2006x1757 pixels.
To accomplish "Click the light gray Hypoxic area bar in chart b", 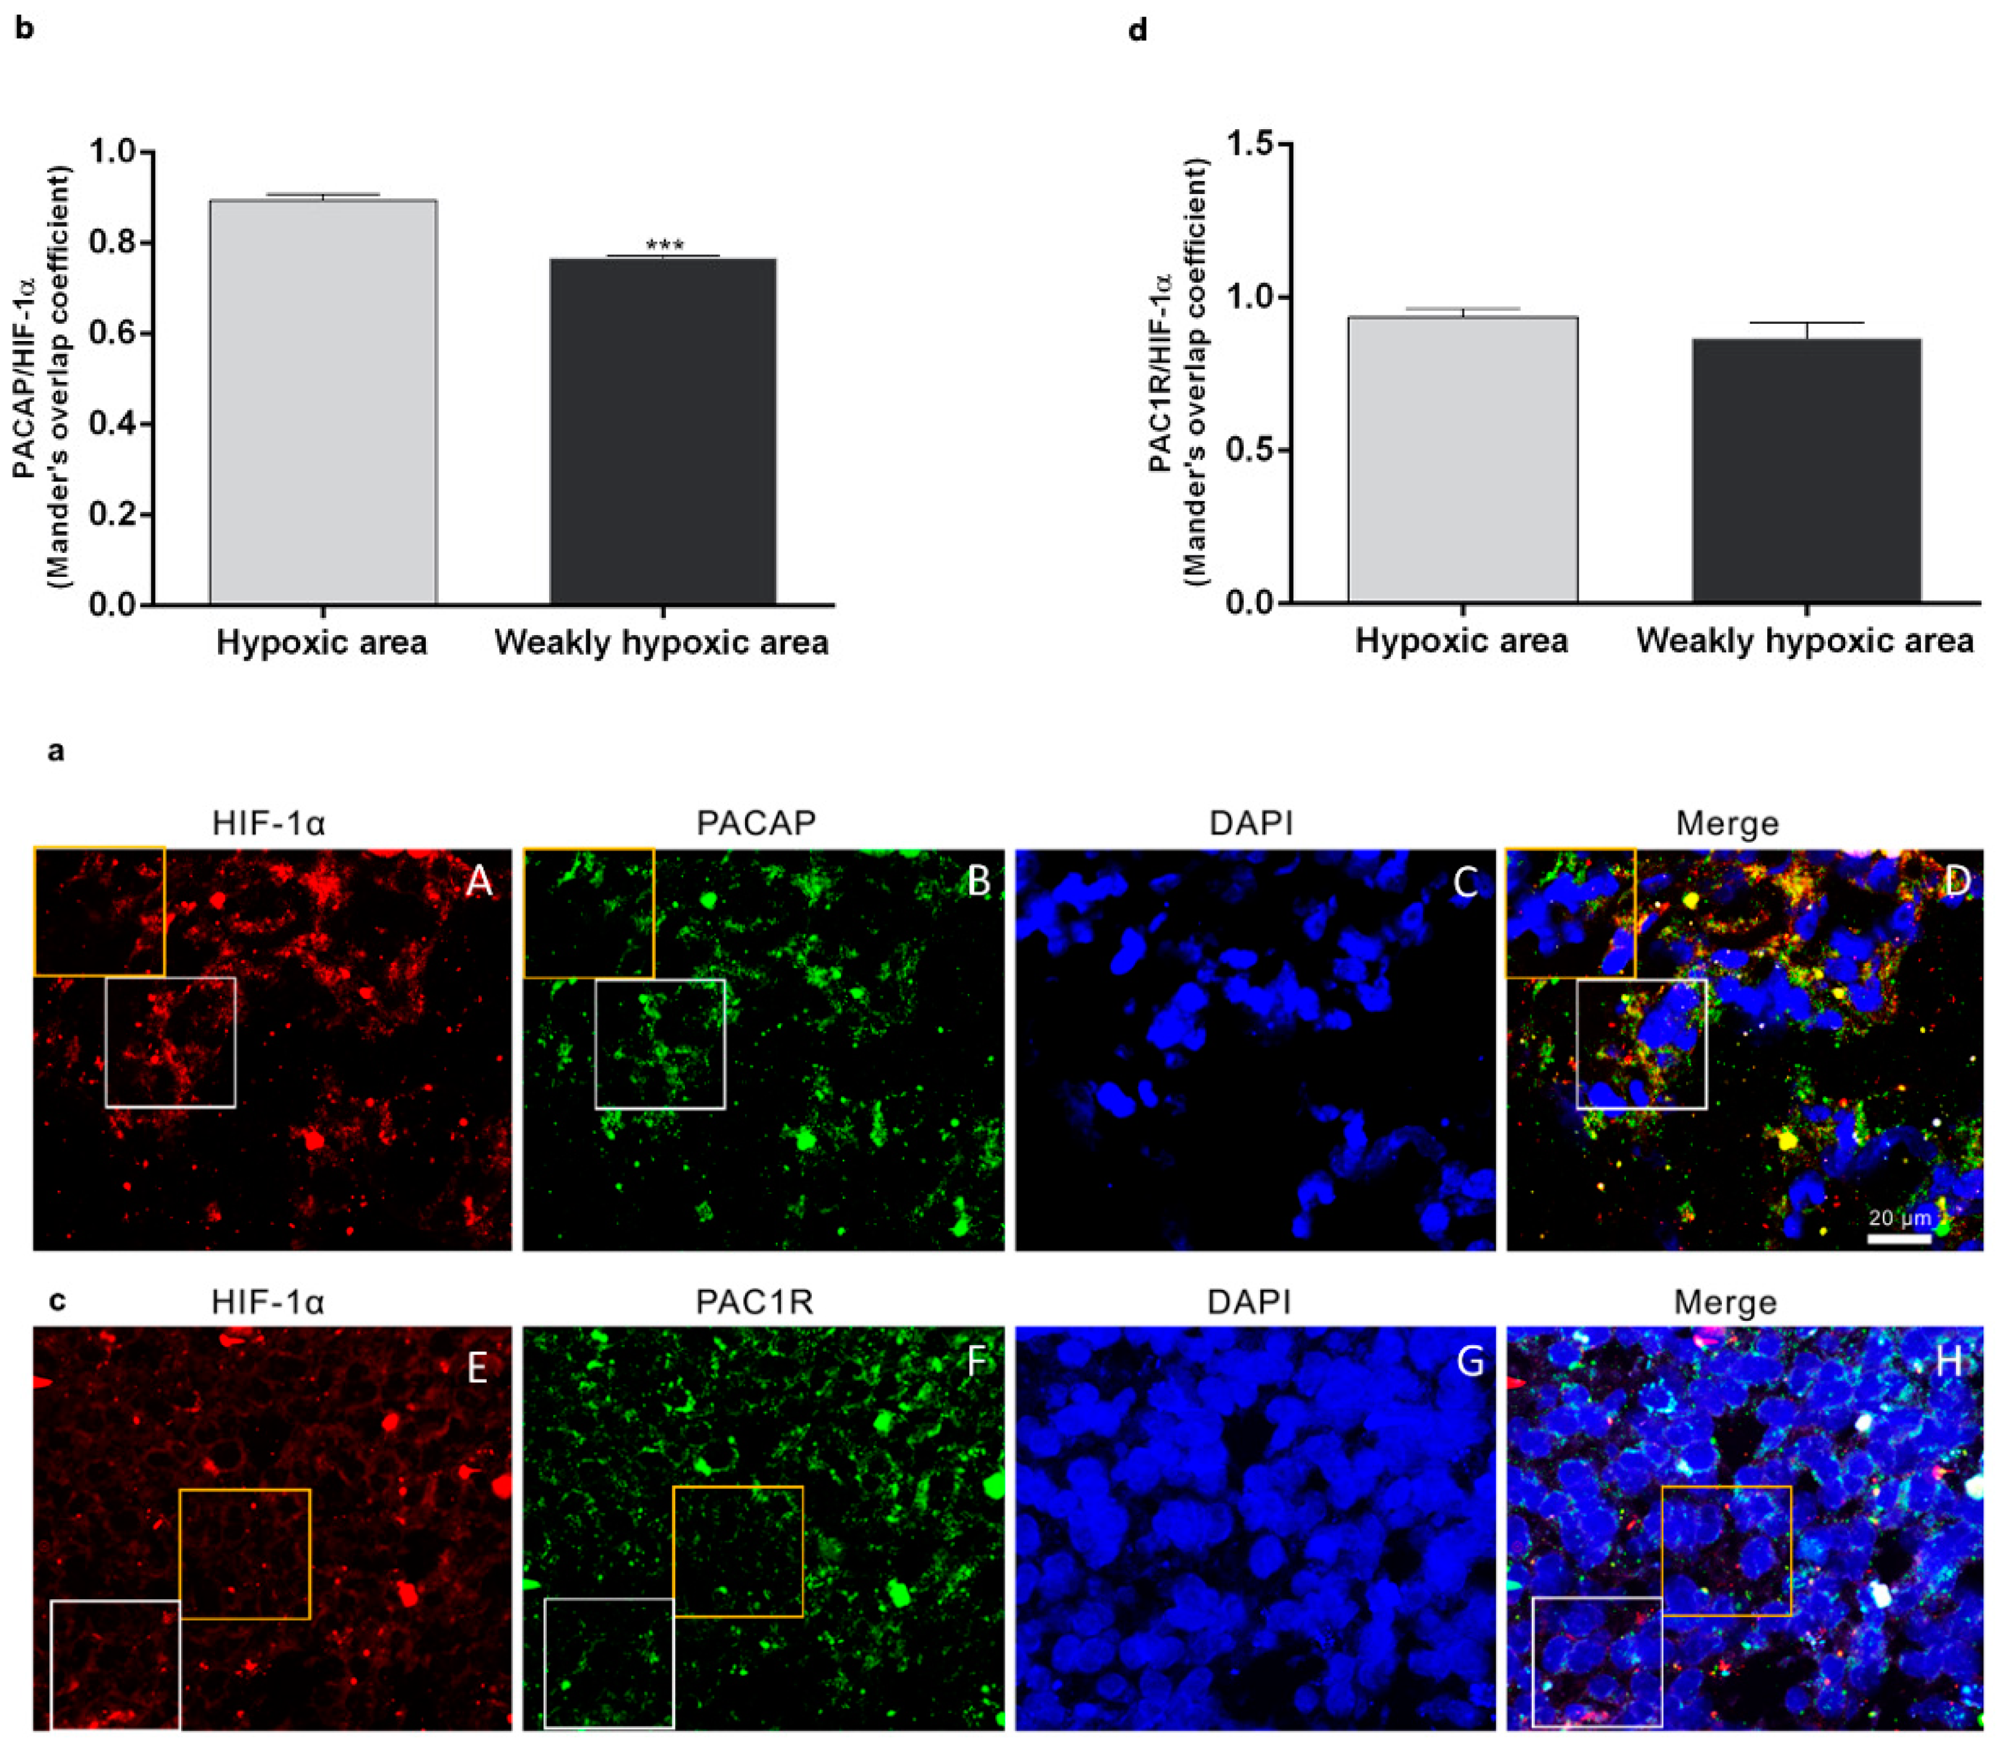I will pos(323,402).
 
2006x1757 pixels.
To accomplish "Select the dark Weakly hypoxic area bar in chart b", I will pos(662,432).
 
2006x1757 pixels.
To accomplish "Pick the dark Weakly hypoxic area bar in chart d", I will pos(1806,471).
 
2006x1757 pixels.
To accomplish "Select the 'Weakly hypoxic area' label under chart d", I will pos(1804,641).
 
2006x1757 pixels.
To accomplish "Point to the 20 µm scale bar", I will pos(1898,1239).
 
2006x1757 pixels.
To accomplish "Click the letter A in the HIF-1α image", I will pos(479,881).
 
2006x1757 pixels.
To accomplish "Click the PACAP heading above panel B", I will pos(755,823).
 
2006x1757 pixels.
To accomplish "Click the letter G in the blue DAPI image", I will pos(1469,1362).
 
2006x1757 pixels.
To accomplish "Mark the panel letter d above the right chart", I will pos(1137,30).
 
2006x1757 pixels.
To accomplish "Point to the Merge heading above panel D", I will pos(1727,823).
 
